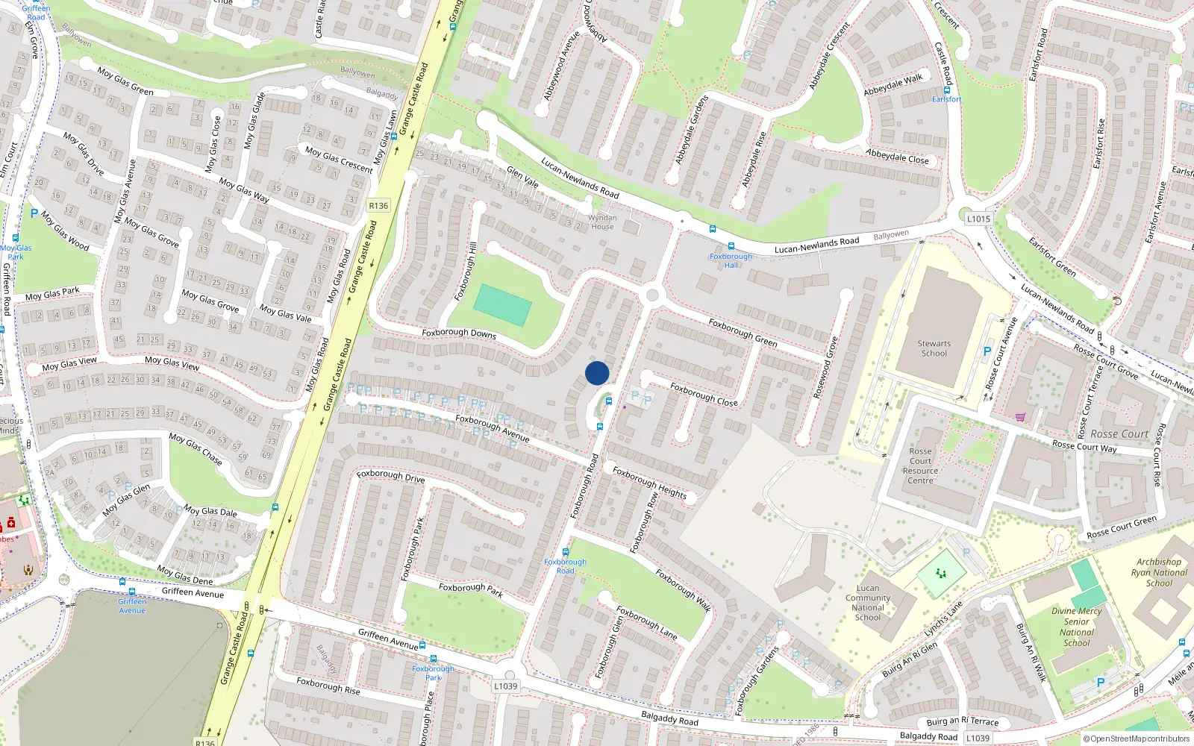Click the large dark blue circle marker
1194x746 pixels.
tap(597, 373)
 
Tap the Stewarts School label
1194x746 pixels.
tap(934, 348)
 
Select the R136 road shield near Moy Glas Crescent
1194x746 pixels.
tap(378, 206)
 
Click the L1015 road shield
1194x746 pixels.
tap(978, 219)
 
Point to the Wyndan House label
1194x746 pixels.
tap(602, 222)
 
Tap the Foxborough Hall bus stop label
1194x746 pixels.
tap(731, 260)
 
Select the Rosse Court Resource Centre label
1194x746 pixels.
tap(920, 466)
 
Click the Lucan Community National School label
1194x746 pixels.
tap(868, 603)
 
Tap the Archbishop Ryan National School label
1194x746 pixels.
tap(1159, 572)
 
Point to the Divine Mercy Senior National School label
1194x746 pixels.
tap(1076, 627)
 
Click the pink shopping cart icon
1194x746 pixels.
tap(1020, 417)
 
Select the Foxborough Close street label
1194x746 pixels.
tap(704, 395)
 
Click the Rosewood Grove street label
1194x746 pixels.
tap(825, 367)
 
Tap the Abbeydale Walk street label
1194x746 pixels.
tap(893, 84)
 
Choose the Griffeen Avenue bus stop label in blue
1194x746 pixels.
tap(132, 606)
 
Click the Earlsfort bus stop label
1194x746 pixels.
tap(946, 99)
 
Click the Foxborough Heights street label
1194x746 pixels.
tap(649, 482)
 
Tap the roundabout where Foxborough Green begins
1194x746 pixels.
tap(653, 296)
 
